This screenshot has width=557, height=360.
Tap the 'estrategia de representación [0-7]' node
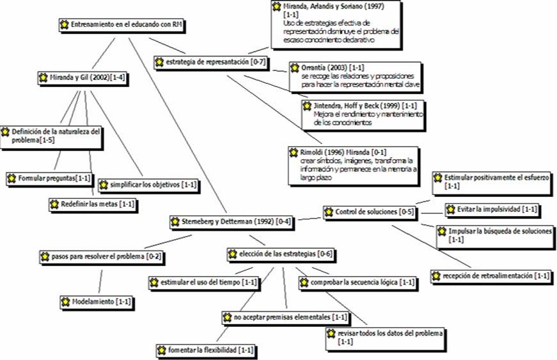pos(210,62)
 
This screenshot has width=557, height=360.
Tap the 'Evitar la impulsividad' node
pos(492,209)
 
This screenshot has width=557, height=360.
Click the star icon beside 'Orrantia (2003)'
pos(295,67)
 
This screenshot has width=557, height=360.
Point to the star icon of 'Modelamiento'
pos(66,301)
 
